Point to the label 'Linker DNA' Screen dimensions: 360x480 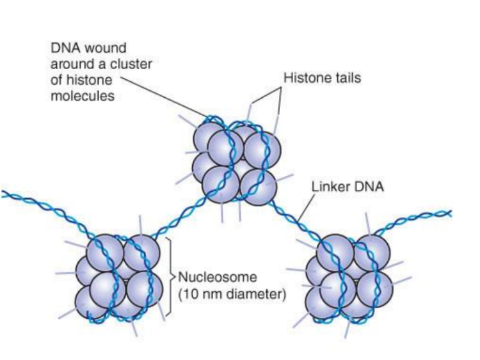pyautogui.click(x=342, y=189)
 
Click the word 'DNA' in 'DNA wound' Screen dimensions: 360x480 pyautogui.click(x=62, y=49)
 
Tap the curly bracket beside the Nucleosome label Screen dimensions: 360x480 pyautogui.click(x=170, y=276)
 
